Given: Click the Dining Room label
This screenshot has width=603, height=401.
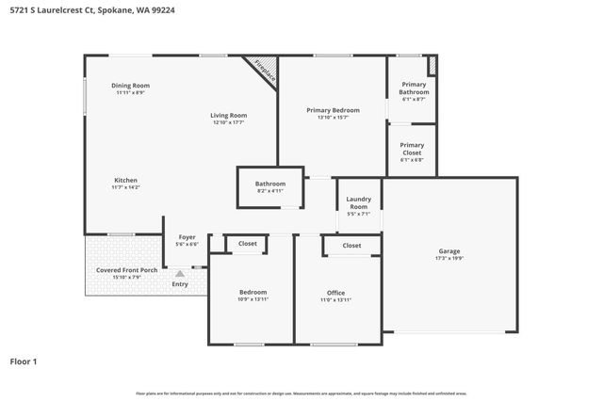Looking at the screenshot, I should coord(131,86).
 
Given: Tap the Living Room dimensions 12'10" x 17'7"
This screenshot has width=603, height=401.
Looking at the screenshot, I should coord(228,122).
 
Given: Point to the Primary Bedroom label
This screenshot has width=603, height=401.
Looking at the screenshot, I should coord(334,110).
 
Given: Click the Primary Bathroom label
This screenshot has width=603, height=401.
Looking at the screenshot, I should coord(413,88).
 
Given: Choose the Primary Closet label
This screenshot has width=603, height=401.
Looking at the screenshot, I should coord(413,149).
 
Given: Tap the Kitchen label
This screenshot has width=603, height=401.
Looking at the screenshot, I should coord(126,180).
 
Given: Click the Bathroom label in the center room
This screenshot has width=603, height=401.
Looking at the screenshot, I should coord(269,184).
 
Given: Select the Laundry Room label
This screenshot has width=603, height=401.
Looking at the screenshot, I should coord(358,202).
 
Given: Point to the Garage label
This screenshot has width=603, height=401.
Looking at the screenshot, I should coord(448,251).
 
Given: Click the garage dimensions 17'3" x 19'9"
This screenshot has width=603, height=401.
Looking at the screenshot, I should coord(448,259).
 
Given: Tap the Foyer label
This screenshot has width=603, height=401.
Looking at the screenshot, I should coord(187,237).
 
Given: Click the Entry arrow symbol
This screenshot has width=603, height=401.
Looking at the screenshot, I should coord(180,274).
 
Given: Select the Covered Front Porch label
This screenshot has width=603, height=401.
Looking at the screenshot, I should coord(126,270).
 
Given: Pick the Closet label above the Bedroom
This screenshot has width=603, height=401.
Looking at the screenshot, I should coord(247,244).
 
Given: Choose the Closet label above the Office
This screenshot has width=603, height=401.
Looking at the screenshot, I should coord(351,246).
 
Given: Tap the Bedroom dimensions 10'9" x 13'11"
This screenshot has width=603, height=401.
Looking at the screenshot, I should coord(252,299).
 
